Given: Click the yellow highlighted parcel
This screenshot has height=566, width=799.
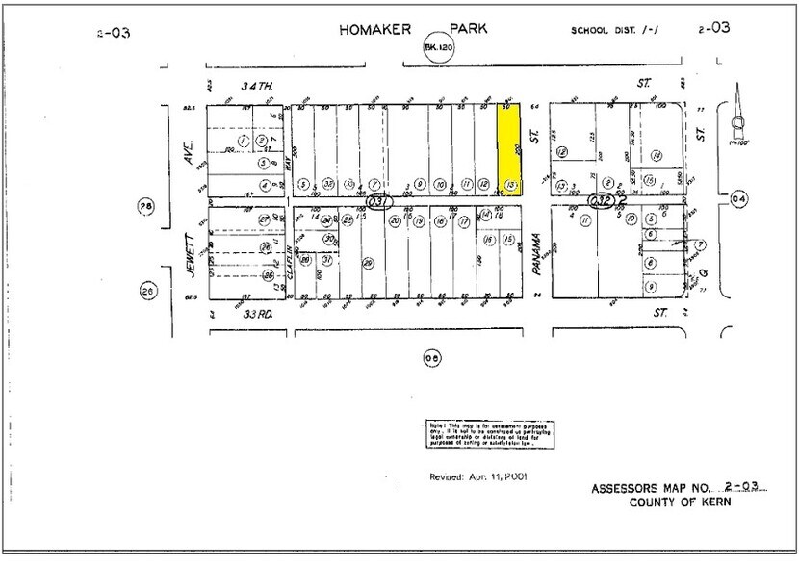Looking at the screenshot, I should click(x=509, y=149).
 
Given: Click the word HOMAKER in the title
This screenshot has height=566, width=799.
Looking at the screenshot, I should click(x=374, y=30).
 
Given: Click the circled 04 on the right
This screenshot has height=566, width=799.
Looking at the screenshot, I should click(x=739, y=199).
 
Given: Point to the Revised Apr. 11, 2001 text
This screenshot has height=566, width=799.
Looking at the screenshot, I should click(x=477, y=476).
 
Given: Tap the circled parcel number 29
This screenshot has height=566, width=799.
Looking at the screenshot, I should click(x=368, y=263).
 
